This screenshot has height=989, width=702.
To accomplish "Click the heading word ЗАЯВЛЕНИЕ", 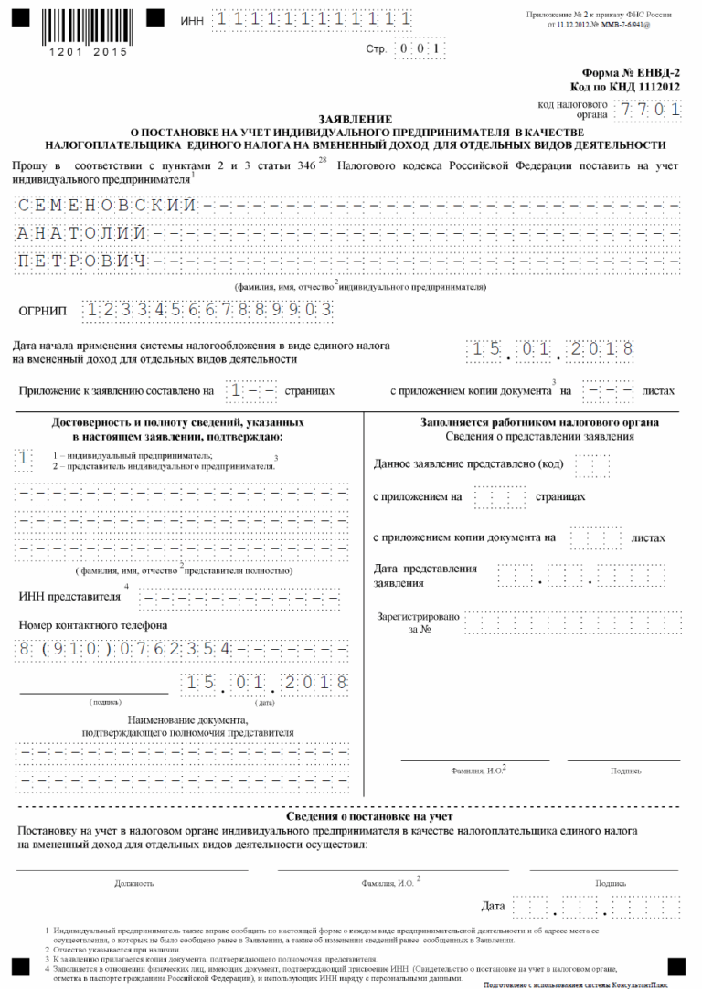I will coord(356,120).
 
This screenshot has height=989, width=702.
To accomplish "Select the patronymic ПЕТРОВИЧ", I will coord(82,263).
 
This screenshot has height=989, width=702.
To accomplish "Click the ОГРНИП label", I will coord(43,311).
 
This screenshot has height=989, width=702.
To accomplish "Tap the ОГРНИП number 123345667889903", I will coord(206,310).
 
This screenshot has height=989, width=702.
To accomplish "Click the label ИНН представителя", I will coord(69,597).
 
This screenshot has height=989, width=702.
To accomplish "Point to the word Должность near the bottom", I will coord(133,884).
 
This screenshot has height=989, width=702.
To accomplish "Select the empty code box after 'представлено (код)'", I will coord(592,464).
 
